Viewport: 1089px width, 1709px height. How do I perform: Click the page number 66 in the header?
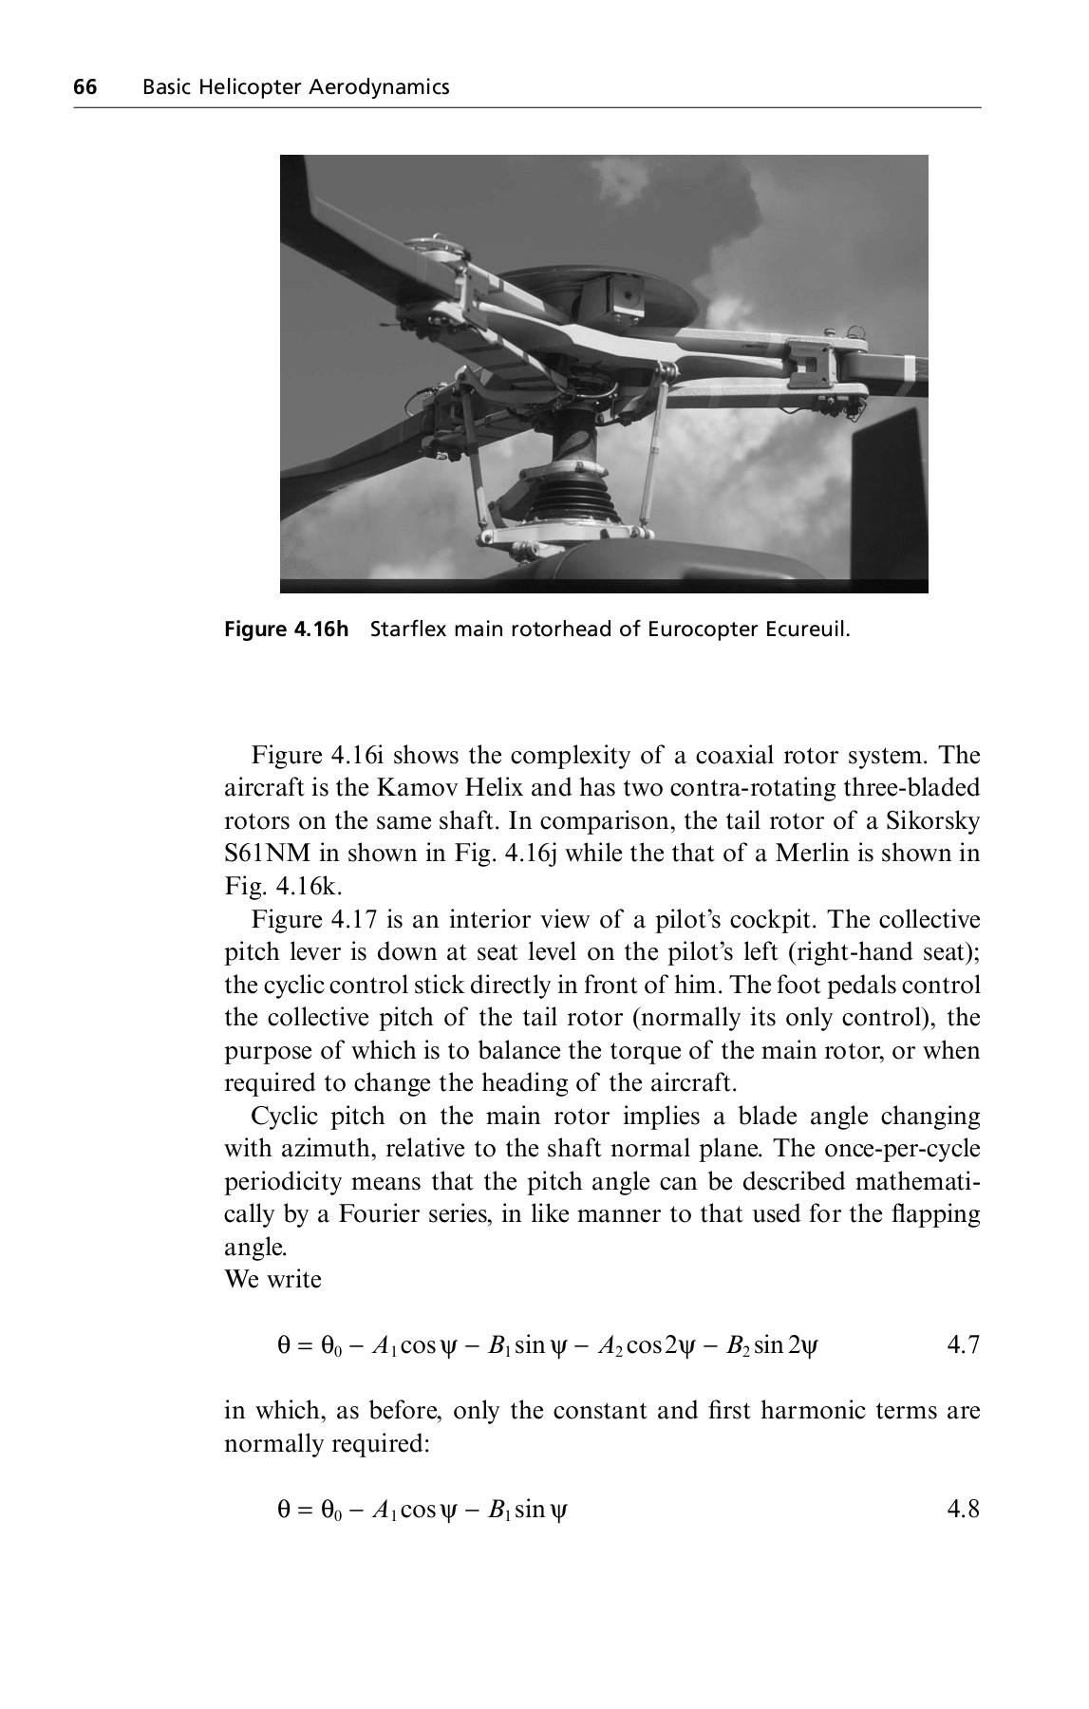click(x=85, y=88)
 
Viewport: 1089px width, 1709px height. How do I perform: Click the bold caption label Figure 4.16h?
click(x=287, y=629)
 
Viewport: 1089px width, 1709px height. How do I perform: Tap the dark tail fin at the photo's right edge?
click(x=890, y=494)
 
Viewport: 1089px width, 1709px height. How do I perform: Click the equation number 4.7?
click(x=963, y=1345)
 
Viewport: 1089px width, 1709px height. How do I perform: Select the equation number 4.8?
click(x=963, y=1509)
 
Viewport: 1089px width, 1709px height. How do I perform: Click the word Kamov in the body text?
click(x=410, y=788)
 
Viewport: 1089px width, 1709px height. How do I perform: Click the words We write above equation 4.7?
click(x=272, y=1280)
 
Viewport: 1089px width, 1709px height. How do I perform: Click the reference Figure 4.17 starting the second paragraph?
click(x=310, y=920)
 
